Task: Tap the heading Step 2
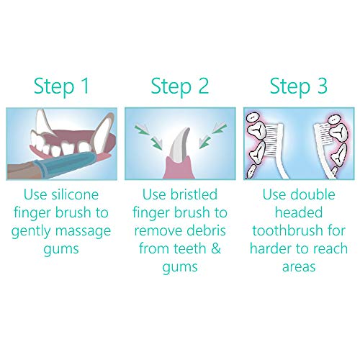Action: tap(180, 86)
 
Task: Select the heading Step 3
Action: tap(299, 86)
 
